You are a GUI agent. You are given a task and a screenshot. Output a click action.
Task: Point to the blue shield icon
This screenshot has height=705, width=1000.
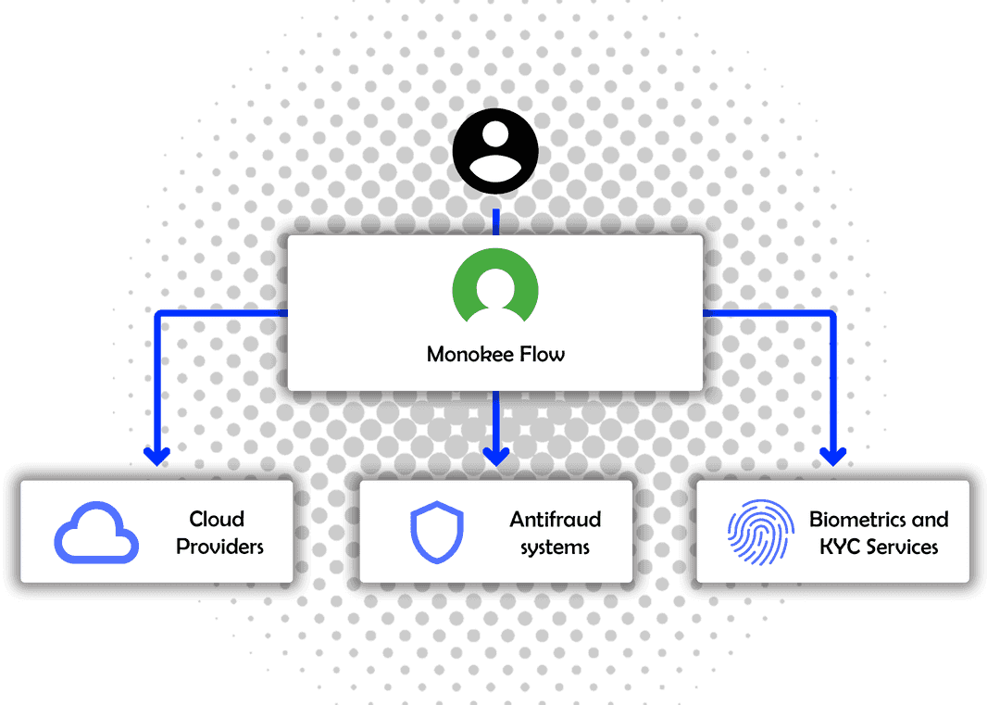point(436,533)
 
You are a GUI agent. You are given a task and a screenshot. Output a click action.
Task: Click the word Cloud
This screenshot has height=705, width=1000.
point(217,519)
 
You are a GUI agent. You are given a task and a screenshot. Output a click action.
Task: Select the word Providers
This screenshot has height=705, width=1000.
point(219,547)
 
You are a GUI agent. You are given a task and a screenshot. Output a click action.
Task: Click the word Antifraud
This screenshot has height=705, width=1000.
point(556,519)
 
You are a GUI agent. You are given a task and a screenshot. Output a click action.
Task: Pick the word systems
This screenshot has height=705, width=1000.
point(555,548)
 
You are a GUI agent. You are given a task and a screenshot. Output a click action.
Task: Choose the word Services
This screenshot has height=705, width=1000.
point(902,547)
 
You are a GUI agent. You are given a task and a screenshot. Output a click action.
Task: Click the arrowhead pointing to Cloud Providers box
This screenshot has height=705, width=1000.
point(156,456)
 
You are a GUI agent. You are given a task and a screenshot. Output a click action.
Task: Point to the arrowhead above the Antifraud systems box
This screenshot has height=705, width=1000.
point(497,456)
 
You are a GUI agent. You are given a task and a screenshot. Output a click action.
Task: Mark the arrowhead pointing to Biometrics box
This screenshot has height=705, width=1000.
point(834,456)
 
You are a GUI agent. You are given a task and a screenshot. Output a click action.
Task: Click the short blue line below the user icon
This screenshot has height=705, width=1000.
point(496,221)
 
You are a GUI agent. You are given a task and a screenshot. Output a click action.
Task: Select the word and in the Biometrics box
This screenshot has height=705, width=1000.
point(930,519)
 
